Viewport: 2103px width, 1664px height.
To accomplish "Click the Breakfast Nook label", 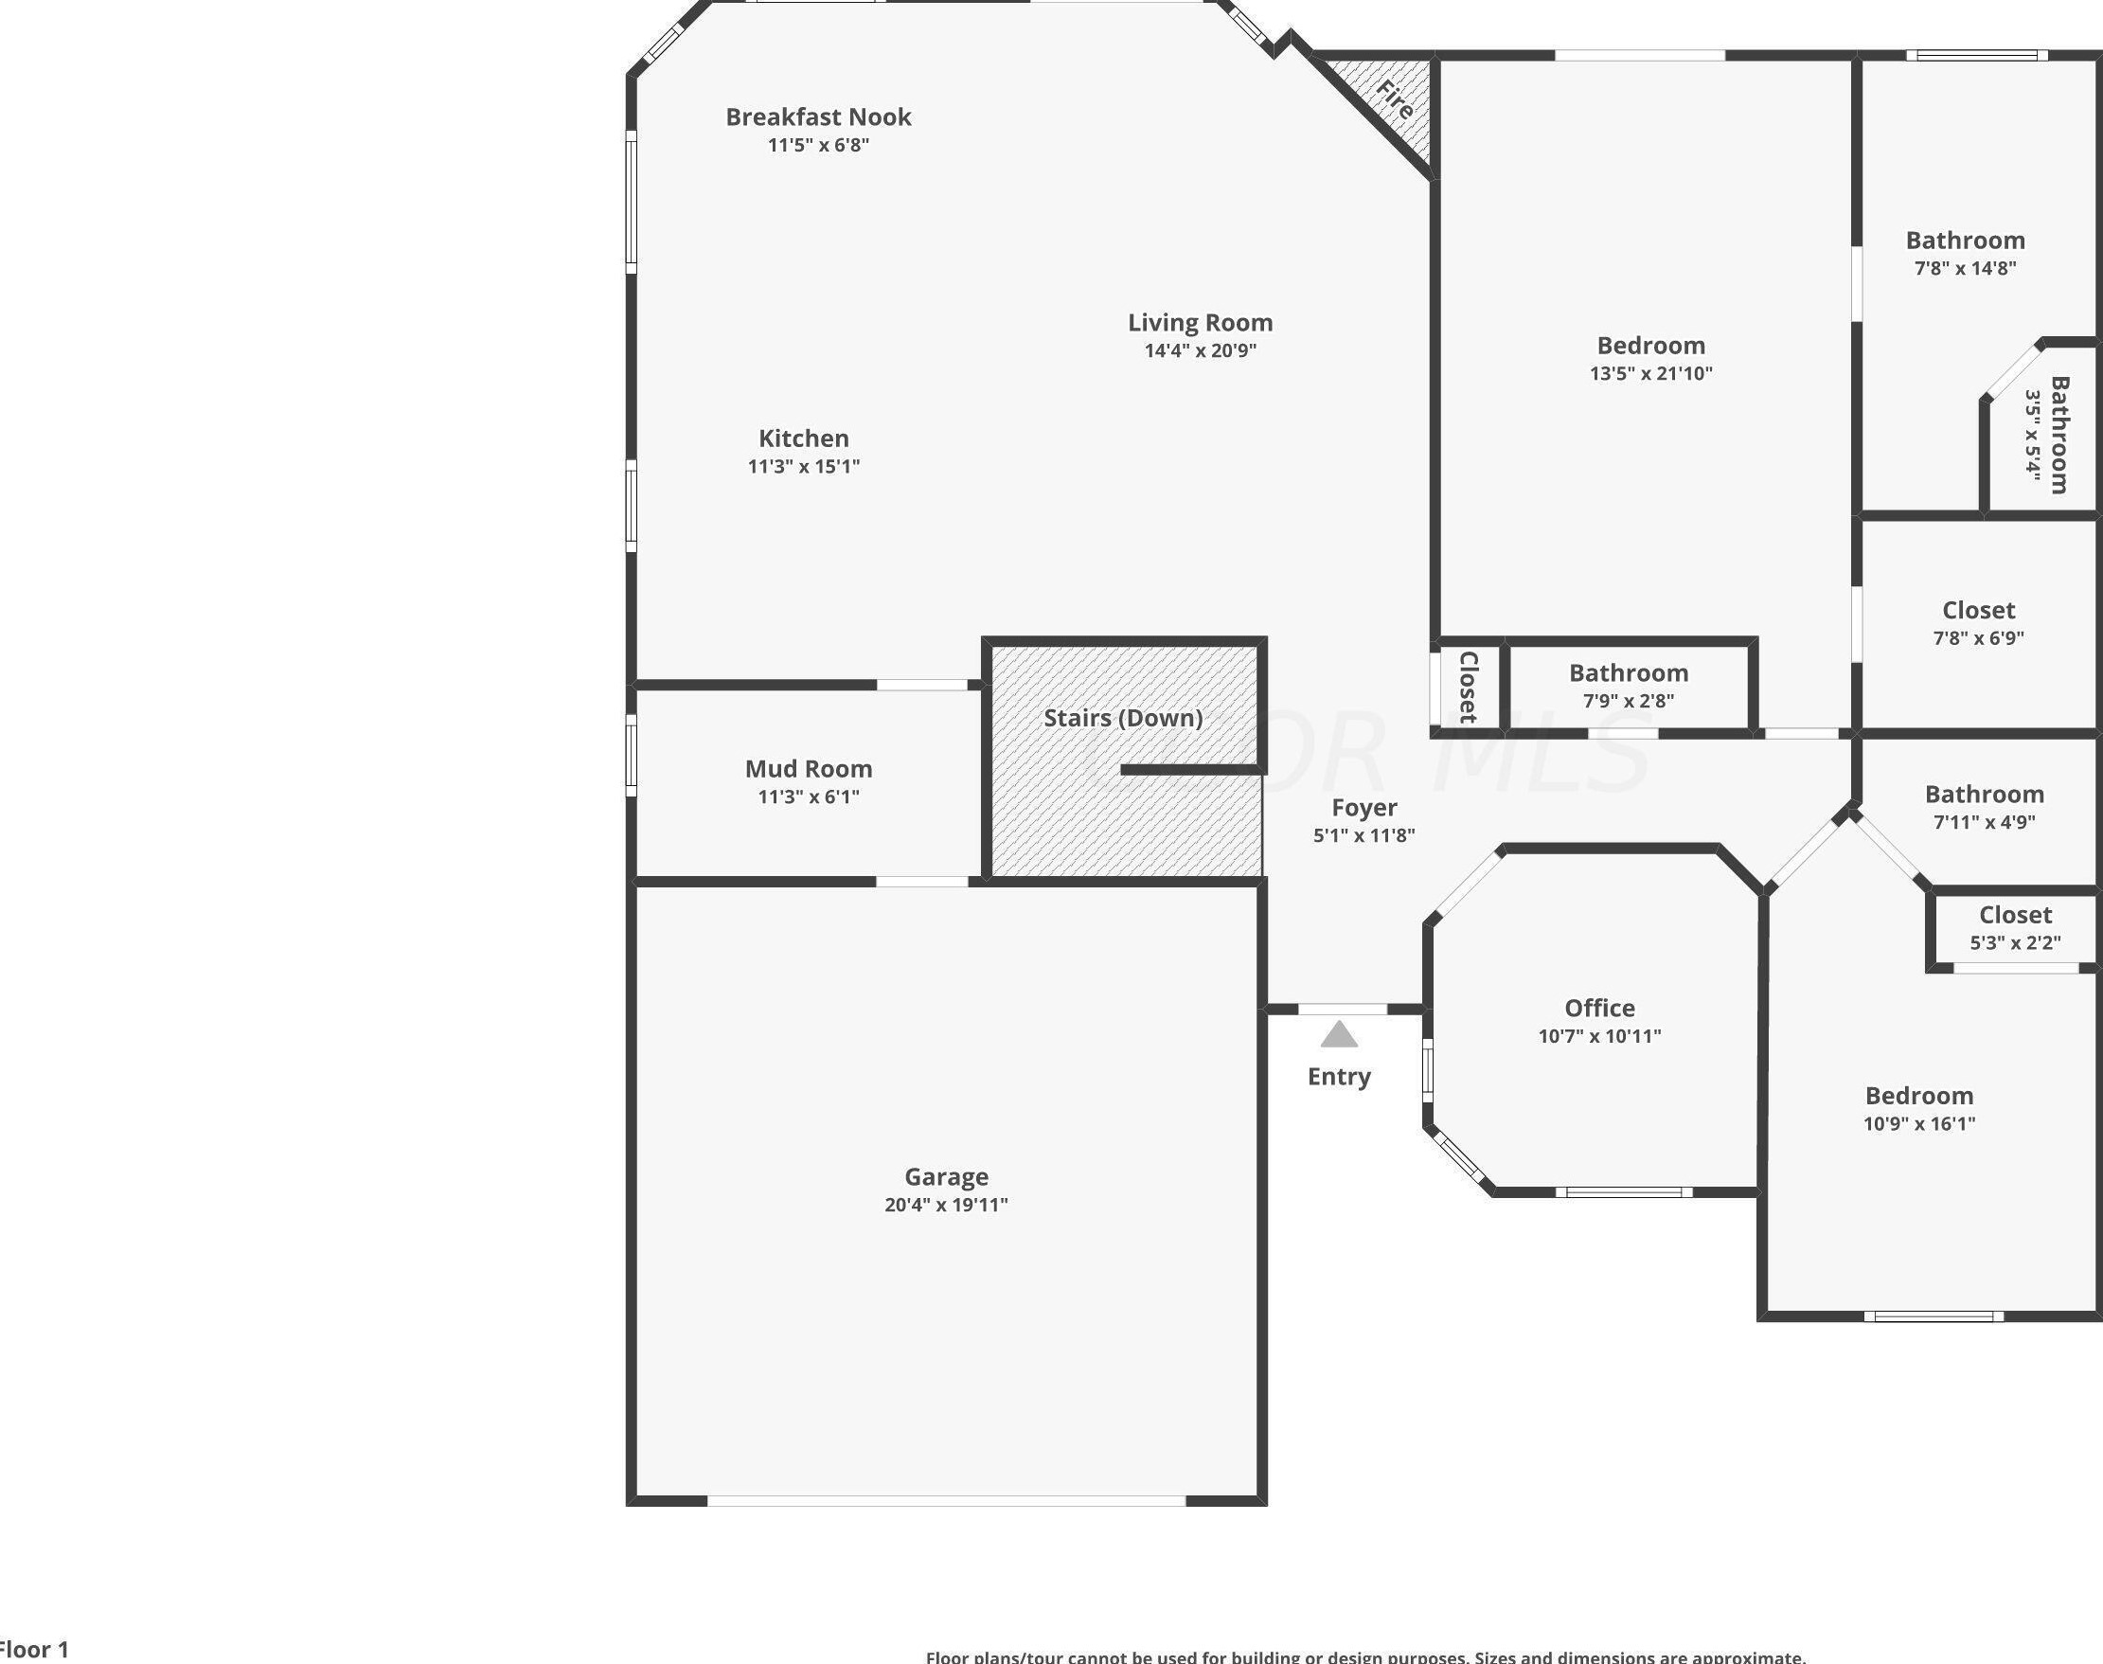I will pyautogui.click(x=818, y=116).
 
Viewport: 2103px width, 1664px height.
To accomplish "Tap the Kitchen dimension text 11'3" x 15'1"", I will pyautogui.click(x=804, y=467).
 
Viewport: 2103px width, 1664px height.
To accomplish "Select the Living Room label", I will pyautogui.click(x=1200, y=322).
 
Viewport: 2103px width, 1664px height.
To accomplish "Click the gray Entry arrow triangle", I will pyautogui.click(x=1339, y=1034).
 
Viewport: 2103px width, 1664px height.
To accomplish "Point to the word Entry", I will pyautogui.click(x=1339, y=1077).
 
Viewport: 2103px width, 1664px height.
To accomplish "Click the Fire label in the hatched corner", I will pyautogui.click(x=1395, y=99).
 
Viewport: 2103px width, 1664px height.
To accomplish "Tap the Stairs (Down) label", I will pyautogui.click(x=1123, y=718).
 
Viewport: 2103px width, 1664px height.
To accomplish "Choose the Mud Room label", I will pyautogui.click(x=809, y=769).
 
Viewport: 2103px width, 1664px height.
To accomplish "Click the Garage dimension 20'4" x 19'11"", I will pyautogui.click(x=946, y=1205).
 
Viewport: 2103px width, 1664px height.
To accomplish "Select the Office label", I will pyautogui.click(x=1599, y=1009).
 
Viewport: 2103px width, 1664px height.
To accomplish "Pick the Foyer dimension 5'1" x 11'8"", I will pyautogui.click(x=1363, y=835).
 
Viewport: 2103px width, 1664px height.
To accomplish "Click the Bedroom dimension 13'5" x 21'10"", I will pyautogui.click(x=1651, y=373).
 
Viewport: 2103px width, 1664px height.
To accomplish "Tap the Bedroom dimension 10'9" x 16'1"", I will pyautogui.click(x=1919, y=1123).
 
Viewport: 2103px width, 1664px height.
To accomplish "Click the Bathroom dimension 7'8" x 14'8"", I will pyautogui.click(x=1965, y=268).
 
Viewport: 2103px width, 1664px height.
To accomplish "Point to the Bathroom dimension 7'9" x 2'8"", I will pyautogui.click(x=1628, y=701).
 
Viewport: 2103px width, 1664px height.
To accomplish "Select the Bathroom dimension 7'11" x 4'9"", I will pyautogui.click(x=1984, y=822).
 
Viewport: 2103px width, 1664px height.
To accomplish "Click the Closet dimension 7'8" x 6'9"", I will pyautogui.click(x=1978, y=638).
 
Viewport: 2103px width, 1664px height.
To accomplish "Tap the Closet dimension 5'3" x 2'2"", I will pyautogui.click(x=2015, y=942).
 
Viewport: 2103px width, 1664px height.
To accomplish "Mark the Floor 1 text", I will pyautogui.click(x=35, y=1650).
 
